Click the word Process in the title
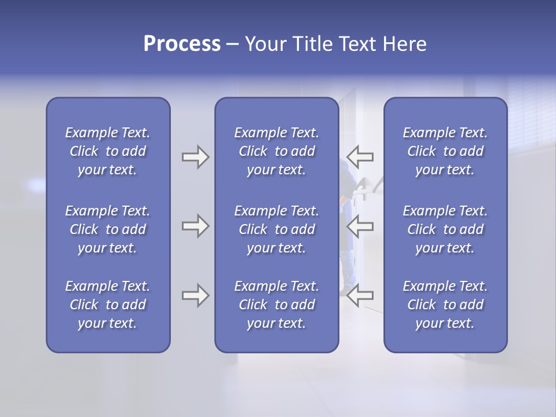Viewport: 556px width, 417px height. pyautogui.click(x=182, y=44)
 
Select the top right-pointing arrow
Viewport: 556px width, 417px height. pyautogui.click(x=195, y=157)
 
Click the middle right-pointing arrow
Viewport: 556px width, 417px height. pyautogui.click(x=195, y=226)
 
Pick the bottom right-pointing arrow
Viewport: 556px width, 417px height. pyautogui.click(x=195, y=295)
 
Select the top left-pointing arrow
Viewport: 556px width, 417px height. pyautogui.click(x=360, y=157)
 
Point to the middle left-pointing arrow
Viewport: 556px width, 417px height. pyautogui.click(x=360, y=226)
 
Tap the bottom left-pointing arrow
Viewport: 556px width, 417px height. pyautogui.click(x=360, y=295)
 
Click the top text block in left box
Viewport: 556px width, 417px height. pyautogui.click(x=108, y=151)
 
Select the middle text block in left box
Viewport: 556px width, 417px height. pyautogui.click(x=108, y=229)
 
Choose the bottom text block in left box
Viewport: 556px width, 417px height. pyautogui.click(x=108, y=305)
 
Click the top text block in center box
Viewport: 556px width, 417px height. pyautogui.click(x=276, y=151)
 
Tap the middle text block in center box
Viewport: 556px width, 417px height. pyautogui.click(x=276, y=229)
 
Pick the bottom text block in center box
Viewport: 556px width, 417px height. pyautogui.click(x=276, y=305)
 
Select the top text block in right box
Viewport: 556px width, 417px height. pyautogui.click(x=445, y=151)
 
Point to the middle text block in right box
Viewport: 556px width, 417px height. pyautogui.click(x=445, y=229)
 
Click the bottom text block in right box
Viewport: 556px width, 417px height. pyautogui.click(x=445, y=305)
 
